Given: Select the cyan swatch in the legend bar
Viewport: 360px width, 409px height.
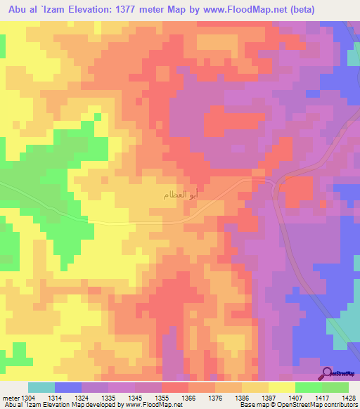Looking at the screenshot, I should [41, 387].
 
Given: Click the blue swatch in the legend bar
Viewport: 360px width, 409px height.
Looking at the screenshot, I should [68, 387].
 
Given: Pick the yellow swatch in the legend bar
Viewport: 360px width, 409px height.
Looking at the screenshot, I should [282, 387].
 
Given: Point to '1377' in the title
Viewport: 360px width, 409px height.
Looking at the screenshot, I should [147, 9].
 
